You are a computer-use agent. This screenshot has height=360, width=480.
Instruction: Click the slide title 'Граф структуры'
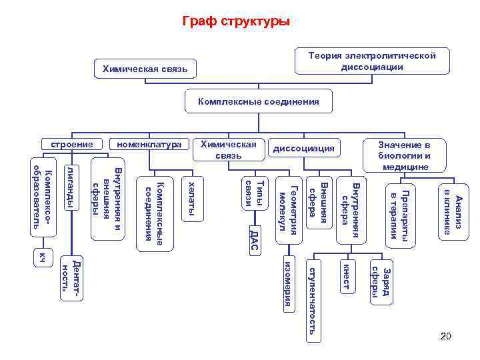coord(237,21)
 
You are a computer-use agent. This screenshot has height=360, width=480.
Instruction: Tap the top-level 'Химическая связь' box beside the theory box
coord(145,69)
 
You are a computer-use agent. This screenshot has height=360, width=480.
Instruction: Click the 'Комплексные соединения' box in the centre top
coord(259,102)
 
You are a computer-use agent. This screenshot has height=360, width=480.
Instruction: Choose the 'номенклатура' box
coord(149,144)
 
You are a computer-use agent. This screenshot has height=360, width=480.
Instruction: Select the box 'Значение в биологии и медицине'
coord(405,155)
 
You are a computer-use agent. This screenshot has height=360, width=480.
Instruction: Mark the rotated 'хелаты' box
coord(192,198)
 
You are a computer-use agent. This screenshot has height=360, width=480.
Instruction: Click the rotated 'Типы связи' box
coord(255,193)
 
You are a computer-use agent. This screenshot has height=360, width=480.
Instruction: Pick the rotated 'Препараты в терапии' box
coord(403,215)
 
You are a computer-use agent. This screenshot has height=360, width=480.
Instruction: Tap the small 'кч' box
coord(43,257)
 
